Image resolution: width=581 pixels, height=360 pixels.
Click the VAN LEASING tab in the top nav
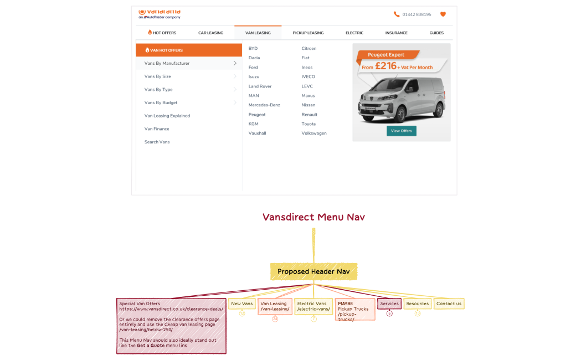pos(258,33)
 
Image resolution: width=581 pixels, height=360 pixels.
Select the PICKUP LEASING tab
pos(308,33)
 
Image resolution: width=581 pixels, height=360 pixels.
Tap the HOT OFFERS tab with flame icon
pos(162,33)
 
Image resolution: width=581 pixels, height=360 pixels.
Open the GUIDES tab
pos(436,33)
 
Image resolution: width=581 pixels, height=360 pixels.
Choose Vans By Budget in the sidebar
pos(161,102)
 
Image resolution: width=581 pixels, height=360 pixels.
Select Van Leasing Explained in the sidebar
pos(167,116)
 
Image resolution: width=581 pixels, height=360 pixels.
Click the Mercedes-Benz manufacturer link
pos(264,105)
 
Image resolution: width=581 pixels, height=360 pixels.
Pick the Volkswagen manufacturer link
pos(314,133)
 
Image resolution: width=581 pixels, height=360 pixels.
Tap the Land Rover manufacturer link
pos(260,86)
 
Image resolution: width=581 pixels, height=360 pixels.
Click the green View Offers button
pos(402,131)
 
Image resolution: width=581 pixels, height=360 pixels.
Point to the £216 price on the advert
pos(385,66)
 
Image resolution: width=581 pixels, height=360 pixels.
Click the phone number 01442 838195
pos(417,14)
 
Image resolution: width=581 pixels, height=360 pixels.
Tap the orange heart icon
pos(443,14)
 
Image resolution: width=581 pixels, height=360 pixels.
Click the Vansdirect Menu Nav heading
pos(313,217)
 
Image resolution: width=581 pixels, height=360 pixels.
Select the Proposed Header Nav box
pos(313,271)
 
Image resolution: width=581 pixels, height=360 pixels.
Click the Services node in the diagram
pos(389,304)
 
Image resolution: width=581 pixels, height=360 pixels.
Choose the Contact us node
pos(449,304)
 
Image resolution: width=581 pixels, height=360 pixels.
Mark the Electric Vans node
pos(313,306)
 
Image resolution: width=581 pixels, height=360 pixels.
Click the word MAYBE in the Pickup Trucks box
pos(345,304)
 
